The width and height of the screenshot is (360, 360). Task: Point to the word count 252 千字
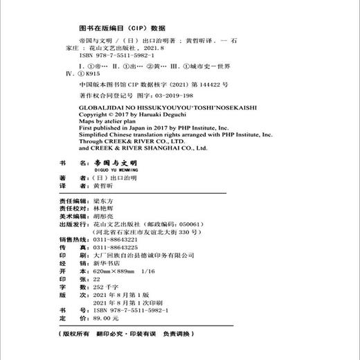113,301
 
